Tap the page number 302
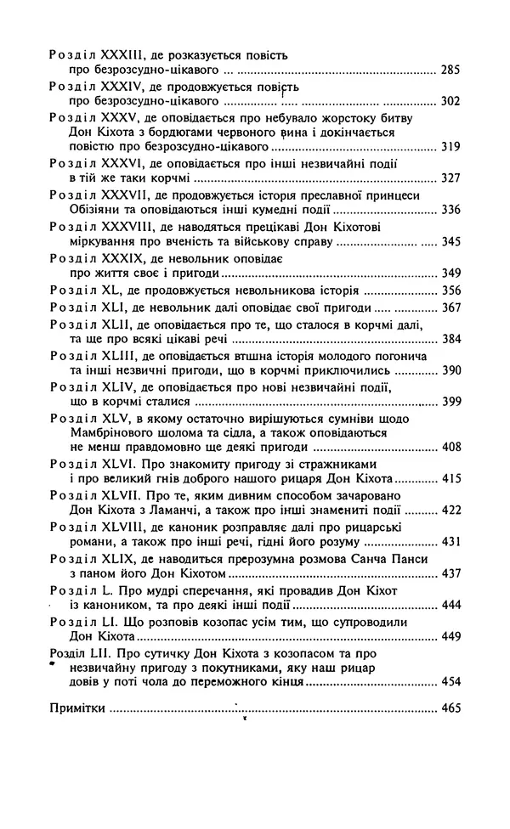click(x=450, y=101)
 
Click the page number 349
click(x=450, y=273)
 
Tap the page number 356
click(x=450, y=290)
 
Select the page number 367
click(x=450, y=308)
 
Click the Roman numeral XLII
click(x=115, y=325)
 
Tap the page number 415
click(x=450, y=479)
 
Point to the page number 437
click(x=450, y=573)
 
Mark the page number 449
click(x=450, y=636)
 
